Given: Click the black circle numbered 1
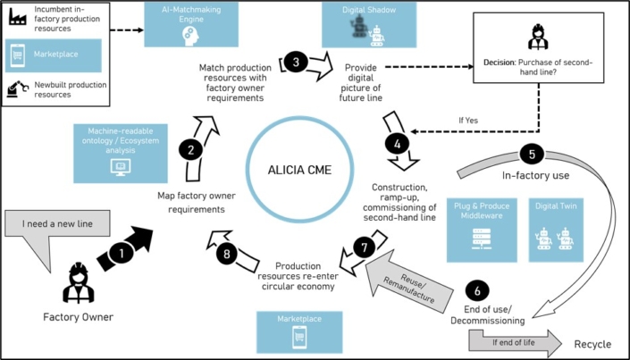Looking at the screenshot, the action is (x=121, y=253).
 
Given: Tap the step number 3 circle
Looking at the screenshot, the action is (x=296, y=62).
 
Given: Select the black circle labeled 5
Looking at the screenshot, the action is (x=532, y=155).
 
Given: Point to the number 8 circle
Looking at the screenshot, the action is (x=227, y=254).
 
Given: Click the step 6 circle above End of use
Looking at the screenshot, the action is (x=477, y=290).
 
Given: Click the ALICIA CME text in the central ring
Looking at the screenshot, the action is (x=299, y=170).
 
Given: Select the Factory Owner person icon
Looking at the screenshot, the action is (x=79, y=283).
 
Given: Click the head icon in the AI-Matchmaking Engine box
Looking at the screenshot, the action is (x=190, y=36).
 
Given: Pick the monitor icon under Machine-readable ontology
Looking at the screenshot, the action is (x=121, y=168).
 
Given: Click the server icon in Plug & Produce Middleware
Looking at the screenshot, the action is (x=482, y=239).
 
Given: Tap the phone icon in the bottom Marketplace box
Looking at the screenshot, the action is (x=299, y=337).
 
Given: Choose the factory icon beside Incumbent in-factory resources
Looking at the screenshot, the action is (x=18, y=16).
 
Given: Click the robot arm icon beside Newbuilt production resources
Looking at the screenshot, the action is (x=18, y=88).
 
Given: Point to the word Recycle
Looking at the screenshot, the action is (x=592, y=344).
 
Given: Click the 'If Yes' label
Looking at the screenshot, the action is (x=468, y=120).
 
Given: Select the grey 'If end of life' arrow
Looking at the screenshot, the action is (x=515, y=343).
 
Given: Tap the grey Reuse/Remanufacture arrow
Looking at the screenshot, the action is (x=407, y=283).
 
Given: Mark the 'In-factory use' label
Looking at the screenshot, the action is (x=535, y=175).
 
